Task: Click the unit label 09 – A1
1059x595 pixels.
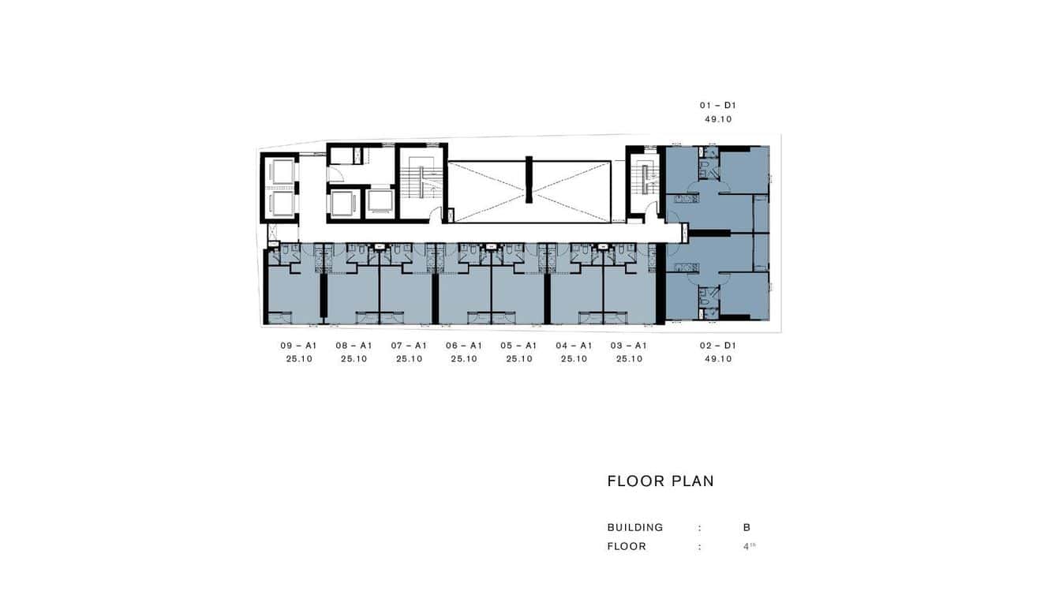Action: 298,346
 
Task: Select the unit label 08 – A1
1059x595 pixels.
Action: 354,346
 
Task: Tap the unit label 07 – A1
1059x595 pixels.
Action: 409,346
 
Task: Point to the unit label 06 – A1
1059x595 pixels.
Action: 464,346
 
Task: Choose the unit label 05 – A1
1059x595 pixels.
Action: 518,346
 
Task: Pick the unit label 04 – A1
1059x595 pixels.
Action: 574,346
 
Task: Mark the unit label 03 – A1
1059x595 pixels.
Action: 629,346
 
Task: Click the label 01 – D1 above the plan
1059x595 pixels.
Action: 718,105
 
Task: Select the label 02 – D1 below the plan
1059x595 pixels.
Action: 718,346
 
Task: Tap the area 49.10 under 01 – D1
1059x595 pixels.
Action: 718,120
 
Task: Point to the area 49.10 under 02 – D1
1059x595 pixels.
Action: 718,359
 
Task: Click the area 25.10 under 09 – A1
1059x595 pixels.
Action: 299,359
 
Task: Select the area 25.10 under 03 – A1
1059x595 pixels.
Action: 629,359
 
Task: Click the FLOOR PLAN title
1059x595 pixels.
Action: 660,481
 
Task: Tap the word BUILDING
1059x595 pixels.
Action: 635,528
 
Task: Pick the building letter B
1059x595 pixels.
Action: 747,528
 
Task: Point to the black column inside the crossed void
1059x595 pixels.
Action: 529,180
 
